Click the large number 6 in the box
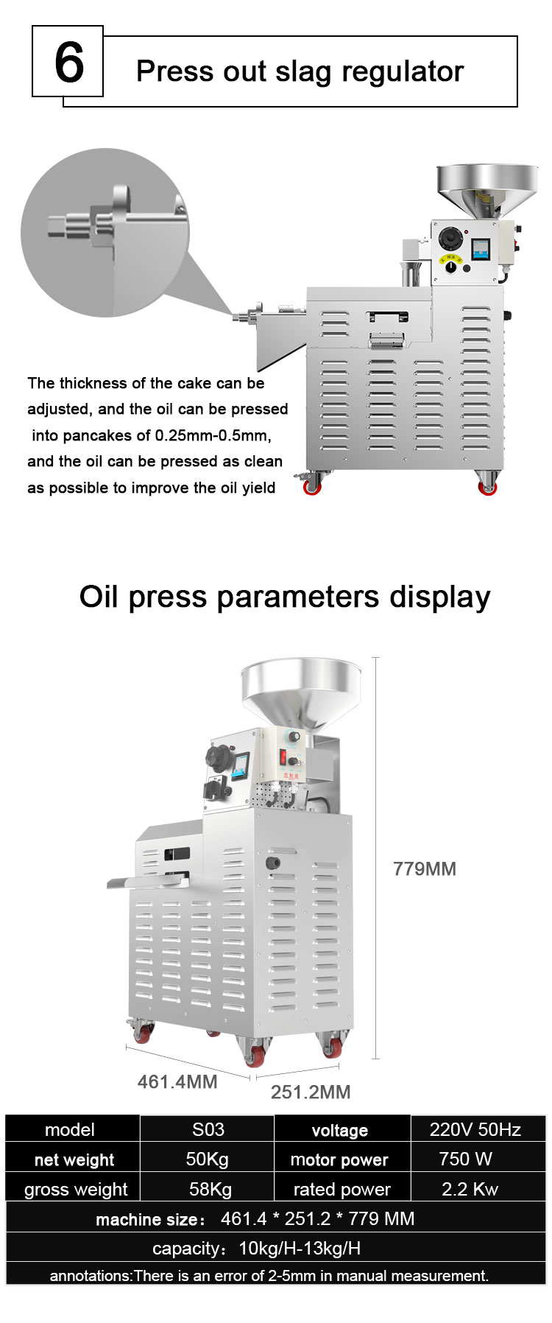[68, 63]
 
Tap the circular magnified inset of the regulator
[105, 232]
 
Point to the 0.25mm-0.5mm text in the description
[213, 435]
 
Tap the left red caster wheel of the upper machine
[312, 485]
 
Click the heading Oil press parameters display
[284, 596]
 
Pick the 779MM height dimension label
[424, 868]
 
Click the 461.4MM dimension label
[177, 1081]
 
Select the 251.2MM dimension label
[310, 1092]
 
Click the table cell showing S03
[208, 1129]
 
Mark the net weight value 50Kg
[207, 1159]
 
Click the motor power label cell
[339, 1159]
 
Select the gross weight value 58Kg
[210, 1189]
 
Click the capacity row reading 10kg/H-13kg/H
[276, 1248]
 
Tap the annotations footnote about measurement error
[269, 1275]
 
